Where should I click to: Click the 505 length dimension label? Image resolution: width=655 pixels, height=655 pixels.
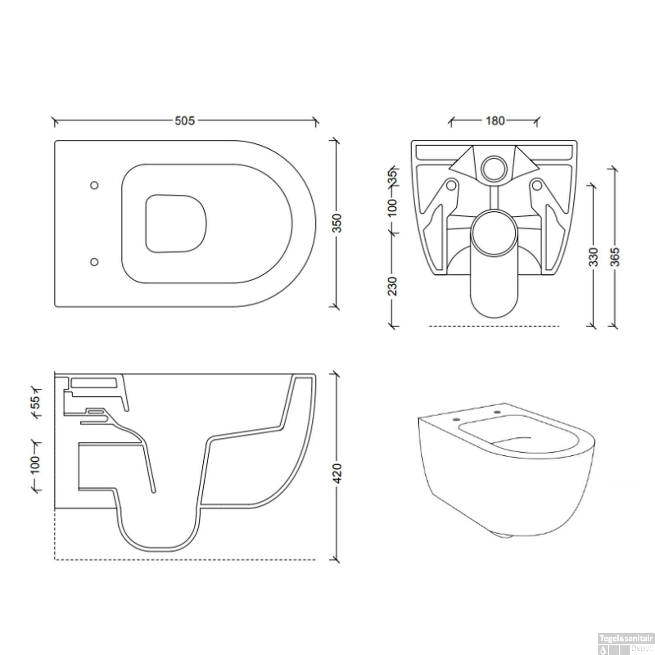coord(185,121)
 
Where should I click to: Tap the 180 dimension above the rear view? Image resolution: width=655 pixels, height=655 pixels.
coord(495,121)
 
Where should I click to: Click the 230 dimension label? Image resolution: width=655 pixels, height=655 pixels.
coord(393,286)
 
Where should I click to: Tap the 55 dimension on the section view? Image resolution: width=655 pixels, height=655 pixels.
coord(36,400)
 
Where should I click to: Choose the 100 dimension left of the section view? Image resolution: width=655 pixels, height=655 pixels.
coord(36,465)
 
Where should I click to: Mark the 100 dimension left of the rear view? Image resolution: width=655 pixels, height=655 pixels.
coord(393,207)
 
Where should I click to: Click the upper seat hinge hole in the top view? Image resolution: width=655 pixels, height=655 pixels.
coord(94,185)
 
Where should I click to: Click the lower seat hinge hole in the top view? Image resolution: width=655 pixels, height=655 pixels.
coord(94,262)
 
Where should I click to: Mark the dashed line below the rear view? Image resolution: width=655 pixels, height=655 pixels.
coord(493,326)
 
